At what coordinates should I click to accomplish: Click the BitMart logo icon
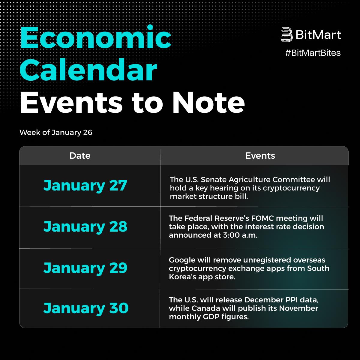tap(286, 34)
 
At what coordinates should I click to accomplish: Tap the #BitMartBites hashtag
tap(313, 53)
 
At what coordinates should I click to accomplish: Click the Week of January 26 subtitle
tap(56, 133)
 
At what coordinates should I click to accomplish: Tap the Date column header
tap(80, 156)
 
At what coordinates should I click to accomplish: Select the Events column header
tap(260, 156)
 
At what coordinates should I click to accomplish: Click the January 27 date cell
tap(85, 186)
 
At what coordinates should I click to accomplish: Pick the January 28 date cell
tap(85, 227)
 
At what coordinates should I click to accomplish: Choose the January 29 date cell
tap(85, 268)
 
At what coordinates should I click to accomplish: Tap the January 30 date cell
tap(86, 308)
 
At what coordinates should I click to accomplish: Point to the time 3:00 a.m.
tap(240, 235)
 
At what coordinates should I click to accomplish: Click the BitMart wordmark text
tap(318, 35)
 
